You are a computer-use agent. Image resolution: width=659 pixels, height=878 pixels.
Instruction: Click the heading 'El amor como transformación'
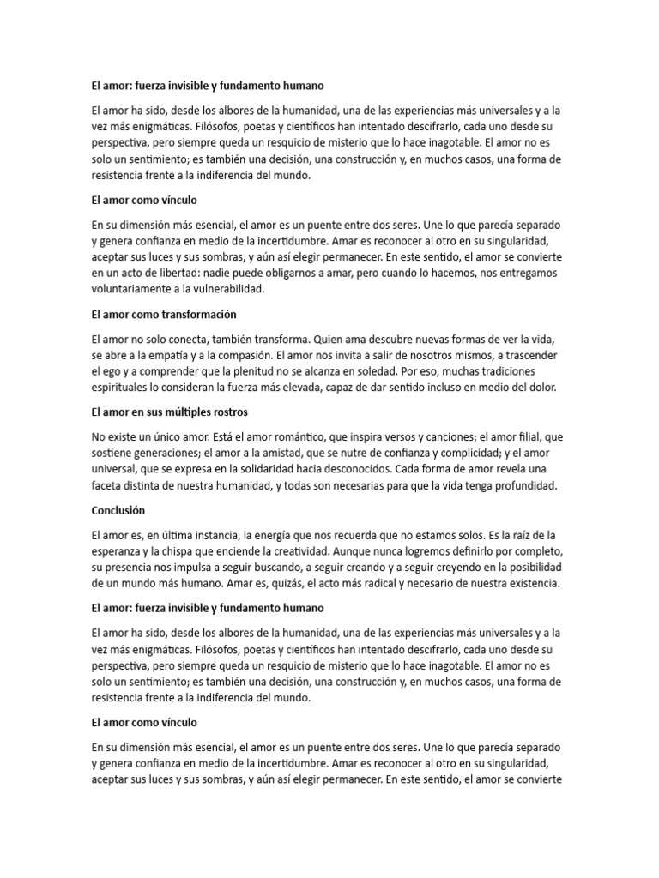coord(163,315)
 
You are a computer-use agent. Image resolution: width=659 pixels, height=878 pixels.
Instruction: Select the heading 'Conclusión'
coord(118,510)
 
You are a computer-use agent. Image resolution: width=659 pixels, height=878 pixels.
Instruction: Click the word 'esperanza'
coord(117,550)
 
